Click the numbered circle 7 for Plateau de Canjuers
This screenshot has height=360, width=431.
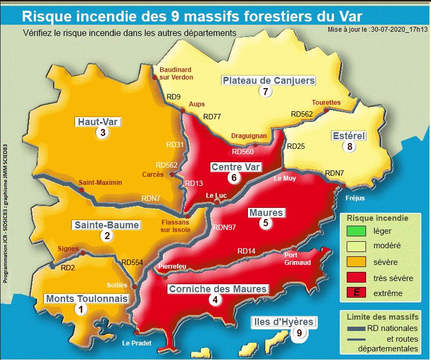265,91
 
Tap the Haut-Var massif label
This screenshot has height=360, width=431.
98,122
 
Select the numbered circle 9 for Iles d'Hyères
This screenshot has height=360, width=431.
299,333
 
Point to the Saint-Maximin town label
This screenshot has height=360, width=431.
100,183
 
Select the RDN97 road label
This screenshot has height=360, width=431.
225,227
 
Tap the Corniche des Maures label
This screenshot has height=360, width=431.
217,289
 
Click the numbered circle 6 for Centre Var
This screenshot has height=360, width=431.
233,177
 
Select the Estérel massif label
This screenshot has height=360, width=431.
348,135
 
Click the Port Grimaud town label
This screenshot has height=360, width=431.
298,258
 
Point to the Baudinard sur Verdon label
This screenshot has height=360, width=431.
176,73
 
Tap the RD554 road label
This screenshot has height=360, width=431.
133,262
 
